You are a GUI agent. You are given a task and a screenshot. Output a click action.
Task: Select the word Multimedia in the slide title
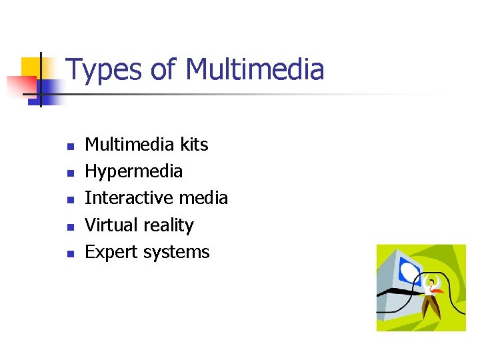click(255, 70)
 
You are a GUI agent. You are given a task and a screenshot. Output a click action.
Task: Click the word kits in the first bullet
click(194, 145)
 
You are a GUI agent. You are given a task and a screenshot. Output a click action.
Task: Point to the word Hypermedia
click(133, 172)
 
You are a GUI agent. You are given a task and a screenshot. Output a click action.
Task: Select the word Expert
click(109, 253)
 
